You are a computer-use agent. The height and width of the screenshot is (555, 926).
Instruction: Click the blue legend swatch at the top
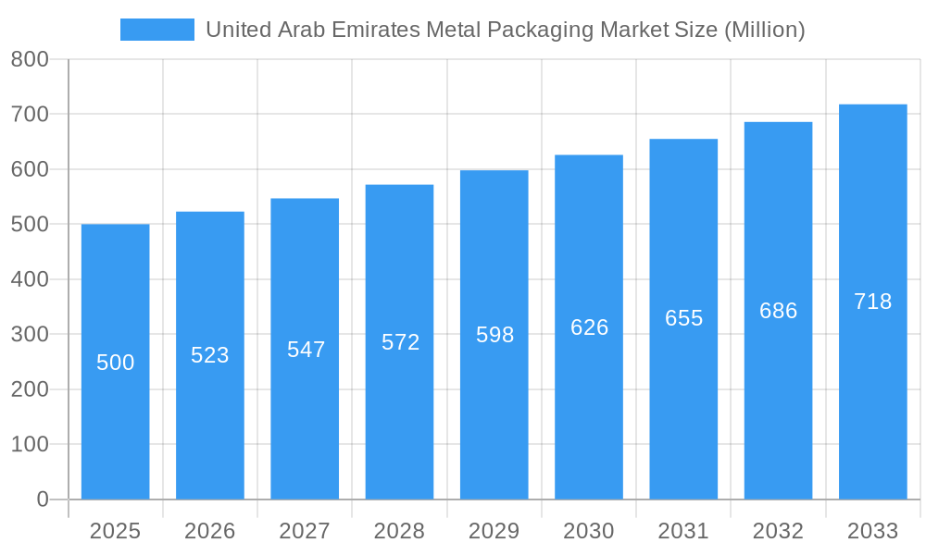[x=156, y=30]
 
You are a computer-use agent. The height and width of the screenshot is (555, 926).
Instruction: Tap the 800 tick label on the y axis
[x=30, y=59]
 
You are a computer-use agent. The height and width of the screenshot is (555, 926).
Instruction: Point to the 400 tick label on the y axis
[x=30, y=279]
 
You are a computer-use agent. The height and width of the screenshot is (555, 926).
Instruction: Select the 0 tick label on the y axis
[x=42, y=499]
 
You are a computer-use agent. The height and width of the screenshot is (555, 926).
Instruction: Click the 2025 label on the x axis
[x=115, y=531]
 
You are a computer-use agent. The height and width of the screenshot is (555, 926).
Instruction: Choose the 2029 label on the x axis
[x=494, y=531]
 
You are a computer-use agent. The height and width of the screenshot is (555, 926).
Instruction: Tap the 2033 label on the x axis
[x=872, y=531]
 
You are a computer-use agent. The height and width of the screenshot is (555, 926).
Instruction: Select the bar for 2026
[x=210, y=416]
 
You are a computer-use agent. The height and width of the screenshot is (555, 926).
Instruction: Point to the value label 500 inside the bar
[x=116, y=363]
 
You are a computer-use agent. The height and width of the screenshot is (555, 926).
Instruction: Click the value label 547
[x=306, y=350]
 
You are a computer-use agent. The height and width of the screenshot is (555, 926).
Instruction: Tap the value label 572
[x=400, y=342]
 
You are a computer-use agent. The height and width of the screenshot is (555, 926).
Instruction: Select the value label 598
[x=494, y=335]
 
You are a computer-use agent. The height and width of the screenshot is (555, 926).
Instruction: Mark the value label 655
[x=683, y=318]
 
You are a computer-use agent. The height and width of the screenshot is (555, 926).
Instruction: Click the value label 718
[x=872, y=302]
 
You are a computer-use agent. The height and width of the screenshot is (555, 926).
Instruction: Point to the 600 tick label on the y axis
[x=30, y=169]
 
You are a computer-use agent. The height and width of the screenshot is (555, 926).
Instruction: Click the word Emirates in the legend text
[x=376, y=30]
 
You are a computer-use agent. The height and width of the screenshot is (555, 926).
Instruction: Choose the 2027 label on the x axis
[x=305, y=531]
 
